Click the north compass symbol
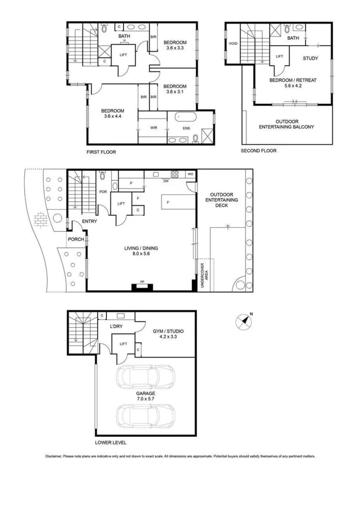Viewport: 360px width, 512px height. click(243, 321)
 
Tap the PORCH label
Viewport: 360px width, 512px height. click(76, 240)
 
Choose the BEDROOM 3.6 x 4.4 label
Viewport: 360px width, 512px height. click(112, 114)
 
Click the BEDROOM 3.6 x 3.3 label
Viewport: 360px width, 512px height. click(174, 45)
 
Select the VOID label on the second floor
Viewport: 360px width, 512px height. click(233, 44)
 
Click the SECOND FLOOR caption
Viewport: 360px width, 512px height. click(258, 151)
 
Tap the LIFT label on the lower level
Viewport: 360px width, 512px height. click(124, 344)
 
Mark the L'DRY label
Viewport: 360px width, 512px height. click(116, 327)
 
